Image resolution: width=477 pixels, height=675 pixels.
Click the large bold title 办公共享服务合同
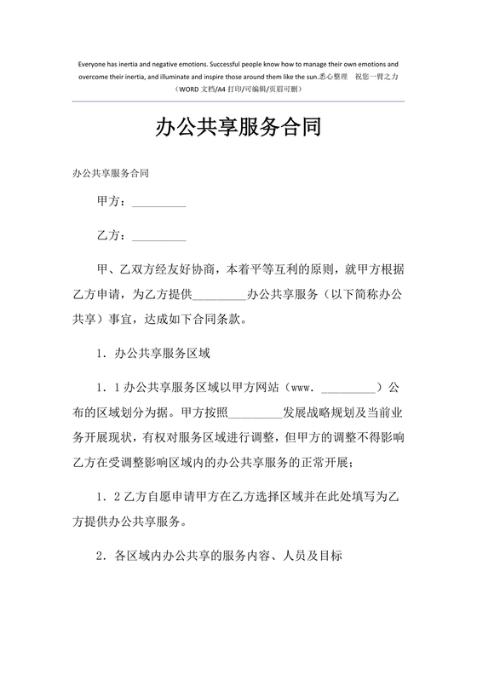click(x=238, y=129)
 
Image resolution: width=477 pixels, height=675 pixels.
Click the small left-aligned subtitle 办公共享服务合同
click(x=111, y=173)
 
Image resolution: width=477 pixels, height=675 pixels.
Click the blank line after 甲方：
click(x=159, y=205)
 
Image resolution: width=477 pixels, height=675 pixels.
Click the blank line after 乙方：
click(x=159, y=235)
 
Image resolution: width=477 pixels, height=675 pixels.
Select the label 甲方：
click(x=114, y=203)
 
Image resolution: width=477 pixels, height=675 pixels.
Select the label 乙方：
click(x=114, y=234)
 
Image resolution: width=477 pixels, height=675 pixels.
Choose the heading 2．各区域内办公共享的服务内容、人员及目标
click(x=220, y=556)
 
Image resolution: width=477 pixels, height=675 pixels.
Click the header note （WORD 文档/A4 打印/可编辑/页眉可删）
click(x=238, y=89)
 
